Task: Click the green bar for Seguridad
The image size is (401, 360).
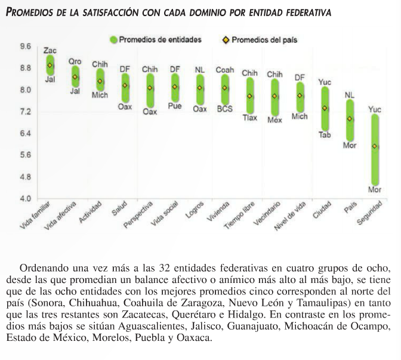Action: (x=375, y=149)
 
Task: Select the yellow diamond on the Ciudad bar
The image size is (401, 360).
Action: (x=325, y=108)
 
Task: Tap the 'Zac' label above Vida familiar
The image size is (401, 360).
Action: (x=50, y=51)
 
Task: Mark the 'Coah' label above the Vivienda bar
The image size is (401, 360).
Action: (x=224, y=69)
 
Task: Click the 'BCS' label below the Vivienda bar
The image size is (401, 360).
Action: (x=224, y=109)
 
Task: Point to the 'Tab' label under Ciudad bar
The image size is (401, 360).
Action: (x=325, y=135)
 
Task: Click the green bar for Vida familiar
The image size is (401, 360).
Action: (x=50, y=65)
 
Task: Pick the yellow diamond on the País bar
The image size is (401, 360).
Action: (x=350, y=119)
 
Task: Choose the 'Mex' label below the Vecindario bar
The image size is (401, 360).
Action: (x=274, y=119)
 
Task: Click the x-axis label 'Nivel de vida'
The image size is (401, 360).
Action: (x=291, y=220)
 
